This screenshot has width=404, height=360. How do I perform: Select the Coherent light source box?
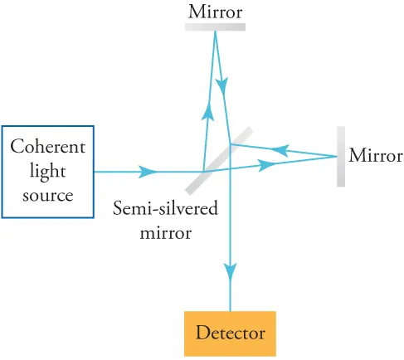point(47,172)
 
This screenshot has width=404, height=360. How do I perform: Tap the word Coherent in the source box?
point(47,148)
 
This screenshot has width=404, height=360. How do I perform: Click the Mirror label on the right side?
point(375,156)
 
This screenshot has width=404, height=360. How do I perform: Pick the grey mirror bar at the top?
point(214,26)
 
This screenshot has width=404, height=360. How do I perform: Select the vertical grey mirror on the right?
point(340,156)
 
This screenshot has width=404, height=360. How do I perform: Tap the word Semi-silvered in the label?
point(166,209)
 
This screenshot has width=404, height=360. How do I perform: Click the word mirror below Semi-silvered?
point(165,232)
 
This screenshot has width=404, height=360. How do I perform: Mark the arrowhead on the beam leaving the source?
point(148,172)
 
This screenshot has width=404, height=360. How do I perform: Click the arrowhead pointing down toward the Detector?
point(231,270)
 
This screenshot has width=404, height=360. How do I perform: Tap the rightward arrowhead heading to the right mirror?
point(267,165)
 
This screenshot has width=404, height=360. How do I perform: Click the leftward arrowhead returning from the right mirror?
point(280,150)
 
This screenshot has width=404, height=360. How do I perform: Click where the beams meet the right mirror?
point(335,156)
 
